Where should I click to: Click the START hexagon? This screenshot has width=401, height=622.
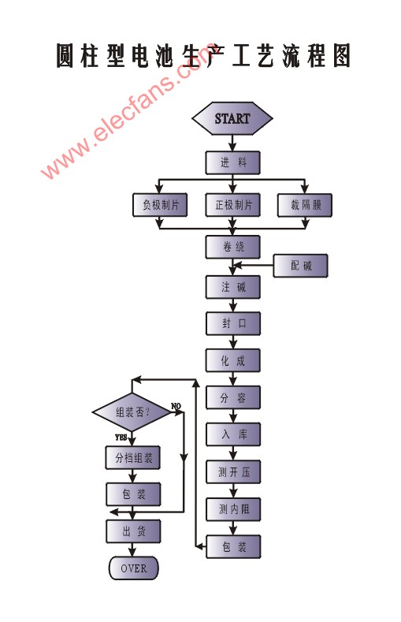[x=232, y=118]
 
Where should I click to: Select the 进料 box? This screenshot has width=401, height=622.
[x=233, y=162]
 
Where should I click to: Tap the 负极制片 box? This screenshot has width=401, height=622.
[x=160, y=205]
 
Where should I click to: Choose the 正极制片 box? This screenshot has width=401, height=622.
[x=233, y=205]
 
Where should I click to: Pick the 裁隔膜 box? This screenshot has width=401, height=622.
[x=305, y=205]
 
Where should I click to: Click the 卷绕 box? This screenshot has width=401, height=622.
[x=233, y=247]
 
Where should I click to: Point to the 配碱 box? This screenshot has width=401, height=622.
[x=301, y=266]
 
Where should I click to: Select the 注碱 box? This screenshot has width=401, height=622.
[x=233, y=287]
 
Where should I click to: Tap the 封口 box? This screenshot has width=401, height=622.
[x=233, y=323]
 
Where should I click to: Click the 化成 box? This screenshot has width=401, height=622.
[x=233, y=360]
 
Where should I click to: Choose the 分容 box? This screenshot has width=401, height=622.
[x=233, y=397]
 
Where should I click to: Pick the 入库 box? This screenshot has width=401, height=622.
[x=233, y=434]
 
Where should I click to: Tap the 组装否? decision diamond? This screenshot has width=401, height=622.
[x=132, y=412]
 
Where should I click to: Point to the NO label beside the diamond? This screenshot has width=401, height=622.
[x=176, y=406]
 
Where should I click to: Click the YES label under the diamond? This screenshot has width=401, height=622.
[x=121, y=438]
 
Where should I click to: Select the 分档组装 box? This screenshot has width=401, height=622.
[x=133, y=458]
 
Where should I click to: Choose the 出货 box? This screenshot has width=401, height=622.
[x=133, y=531]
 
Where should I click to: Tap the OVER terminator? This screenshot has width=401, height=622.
[x=133, y=568]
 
